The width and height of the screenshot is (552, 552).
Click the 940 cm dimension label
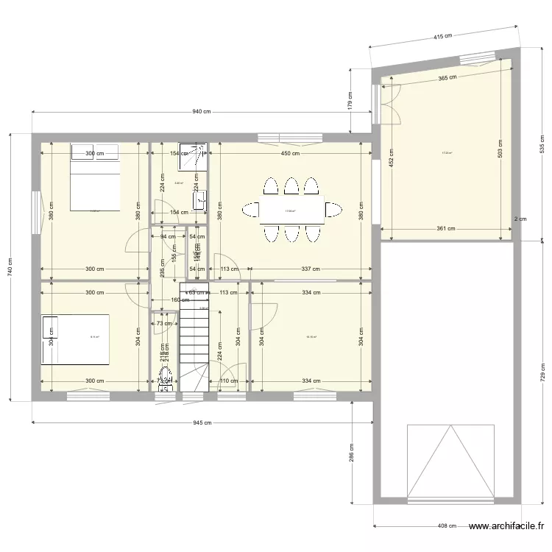[202, 112]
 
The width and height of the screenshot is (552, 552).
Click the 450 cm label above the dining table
[290, 154]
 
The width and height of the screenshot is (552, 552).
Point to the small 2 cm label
[520, 219]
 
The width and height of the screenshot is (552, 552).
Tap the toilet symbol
[165, 378]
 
